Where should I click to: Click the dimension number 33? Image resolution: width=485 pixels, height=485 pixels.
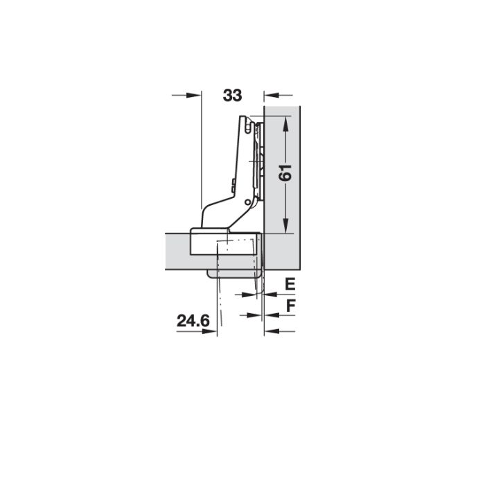click(232, 96)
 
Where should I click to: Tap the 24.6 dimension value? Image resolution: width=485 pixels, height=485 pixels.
click(192, 321)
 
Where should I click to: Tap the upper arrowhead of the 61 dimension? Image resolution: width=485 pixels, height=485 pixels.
click(285, 123)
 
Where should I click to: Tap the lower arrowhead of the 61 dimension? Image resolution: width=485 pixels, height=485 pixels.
click(285, 228)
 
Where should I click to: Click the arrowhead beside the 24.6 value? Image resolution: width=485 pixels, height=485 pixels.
click(210, 331)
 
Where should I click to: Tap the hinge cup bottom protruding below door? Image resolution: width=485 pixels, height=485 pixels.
click(236, 272)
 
